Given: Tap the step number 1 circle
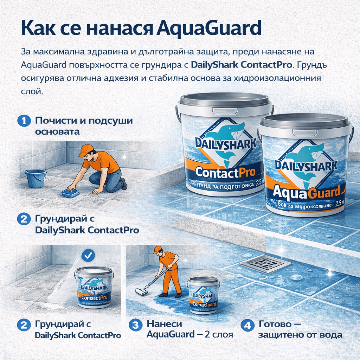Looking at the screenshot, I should pyautogui.click(x=24, y=121).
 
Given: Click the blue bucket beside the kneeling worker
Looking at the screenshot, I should pyautogui.click(x=36, y=178).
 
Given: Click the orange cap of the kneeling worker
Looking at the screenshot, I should pyautogui.click(x=85, y=150).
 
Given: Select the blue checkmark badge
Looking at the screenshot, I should pyautogui.click(x=88, y=255).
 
